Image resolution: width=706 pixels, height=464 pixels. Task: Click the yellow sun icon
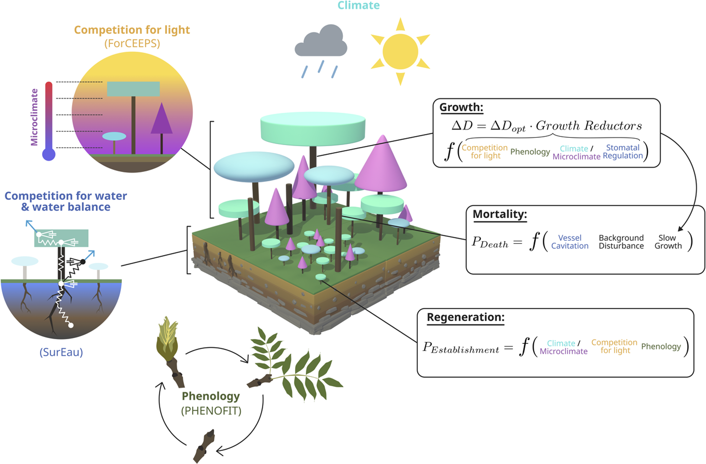click(400, 51)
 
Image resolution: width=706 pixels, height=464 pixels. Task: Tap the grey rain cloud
click(321, 40)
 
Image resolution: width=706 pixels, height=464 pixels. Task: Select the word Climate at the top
click(359, 5)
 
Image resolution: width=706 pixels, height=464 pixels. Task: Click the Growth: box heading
click(461, 107)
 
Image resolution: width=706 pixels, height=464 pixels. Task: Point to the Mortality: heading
click(500, 214)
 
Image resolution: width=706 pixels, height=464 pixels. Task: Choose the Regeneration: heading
click(466, 317)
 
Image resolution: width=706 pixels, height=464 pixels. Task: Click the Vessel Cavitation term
click(570, 242)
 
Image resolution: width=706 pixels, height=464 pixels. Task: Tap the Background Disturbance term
click(621, 242)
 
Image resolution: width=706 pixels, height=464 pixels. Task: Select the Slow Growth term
click(668, 242)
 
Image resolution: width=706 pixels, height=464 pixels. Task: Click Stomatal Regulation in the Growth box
click(623, 152)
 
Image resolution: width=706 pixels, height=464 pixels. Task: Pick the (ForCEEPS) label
click(132, 43)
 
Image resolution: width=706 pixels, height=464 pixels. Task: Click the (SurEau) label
click(61, 352)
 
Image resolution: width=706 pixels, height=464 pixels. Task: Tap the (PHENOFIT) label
click(211, 411)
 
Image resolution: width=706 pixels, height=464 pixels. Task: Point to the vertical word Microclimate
click(34, 117)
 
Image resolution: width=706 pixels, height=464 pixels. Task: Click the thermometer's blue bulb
click(49, 154)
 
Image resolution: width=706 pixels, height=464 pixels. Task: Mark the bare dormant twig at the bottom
click(204, 446)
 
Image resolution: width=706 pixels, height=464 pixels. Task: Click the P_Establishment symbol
click(461, 348)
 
